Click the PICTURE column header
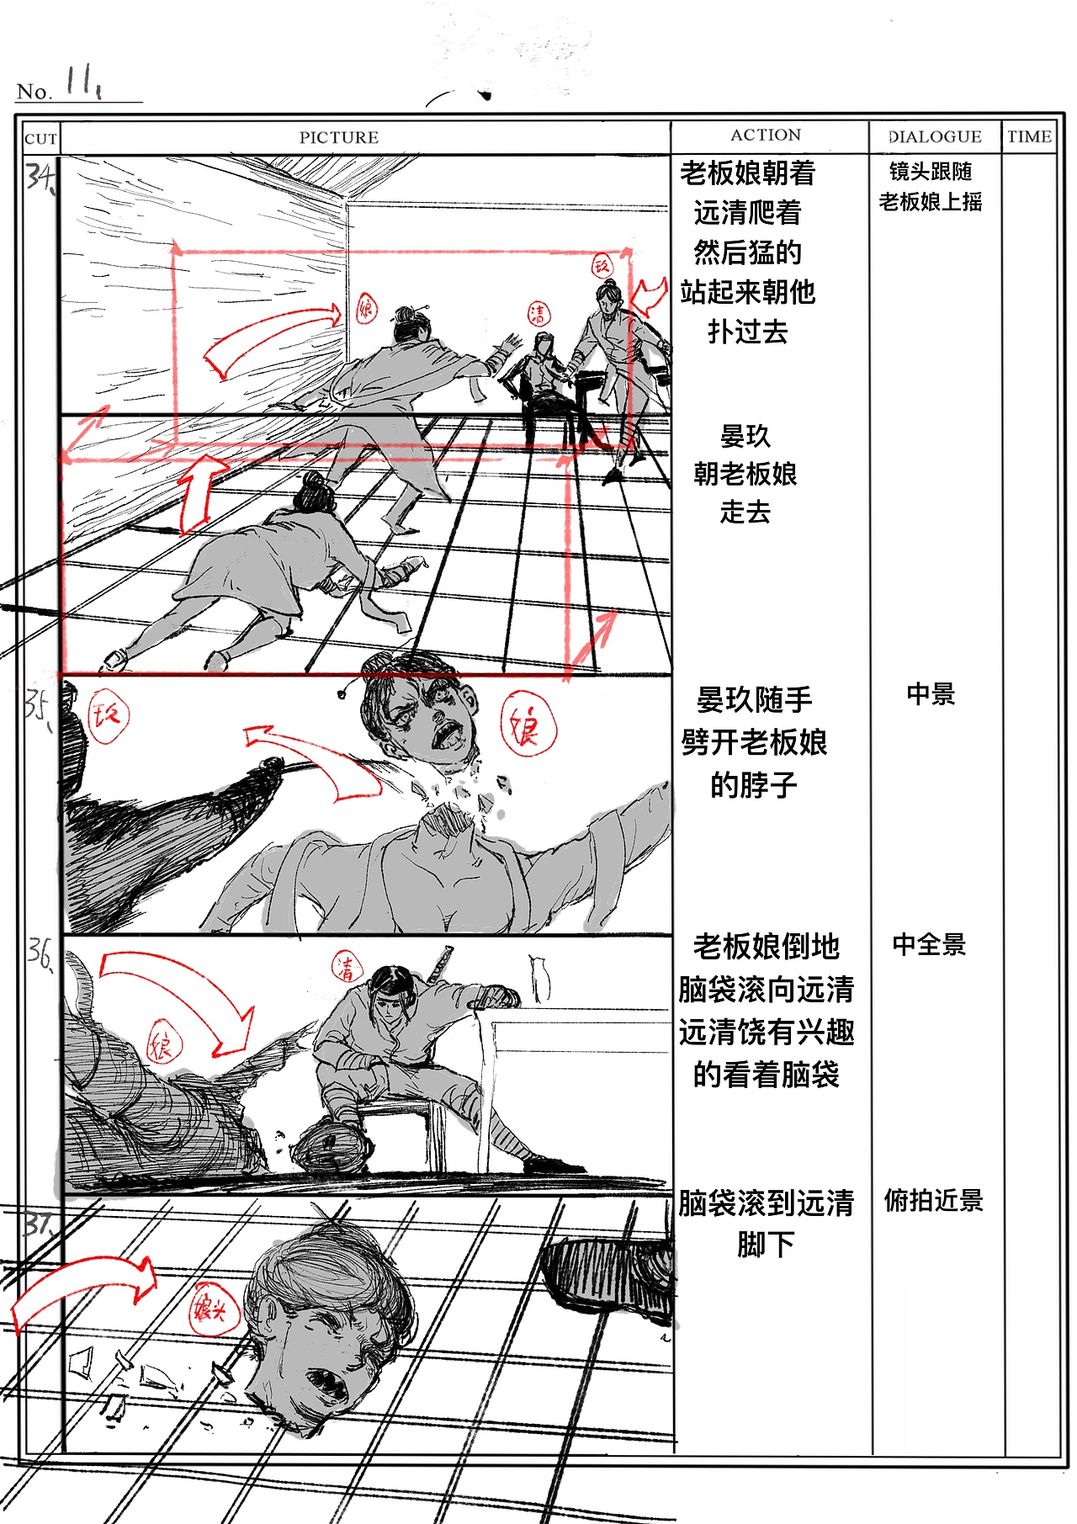tap(338, 137)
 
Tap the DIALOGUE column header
tap(935, 136)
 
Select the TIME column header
tap(1029, 136)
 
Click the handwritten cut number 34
tap(39, 176)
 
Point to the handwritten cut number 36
tap(39, 954)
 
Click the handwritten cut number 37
tap(39, 1224)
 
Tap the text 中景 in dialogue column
tap(931, 694)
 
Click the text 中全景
tap(929, 944)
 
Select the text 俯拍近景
tap(933, 1200)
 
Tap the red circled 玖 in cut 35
tap(108, 716)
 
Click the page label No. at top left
tap(34, 92)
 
